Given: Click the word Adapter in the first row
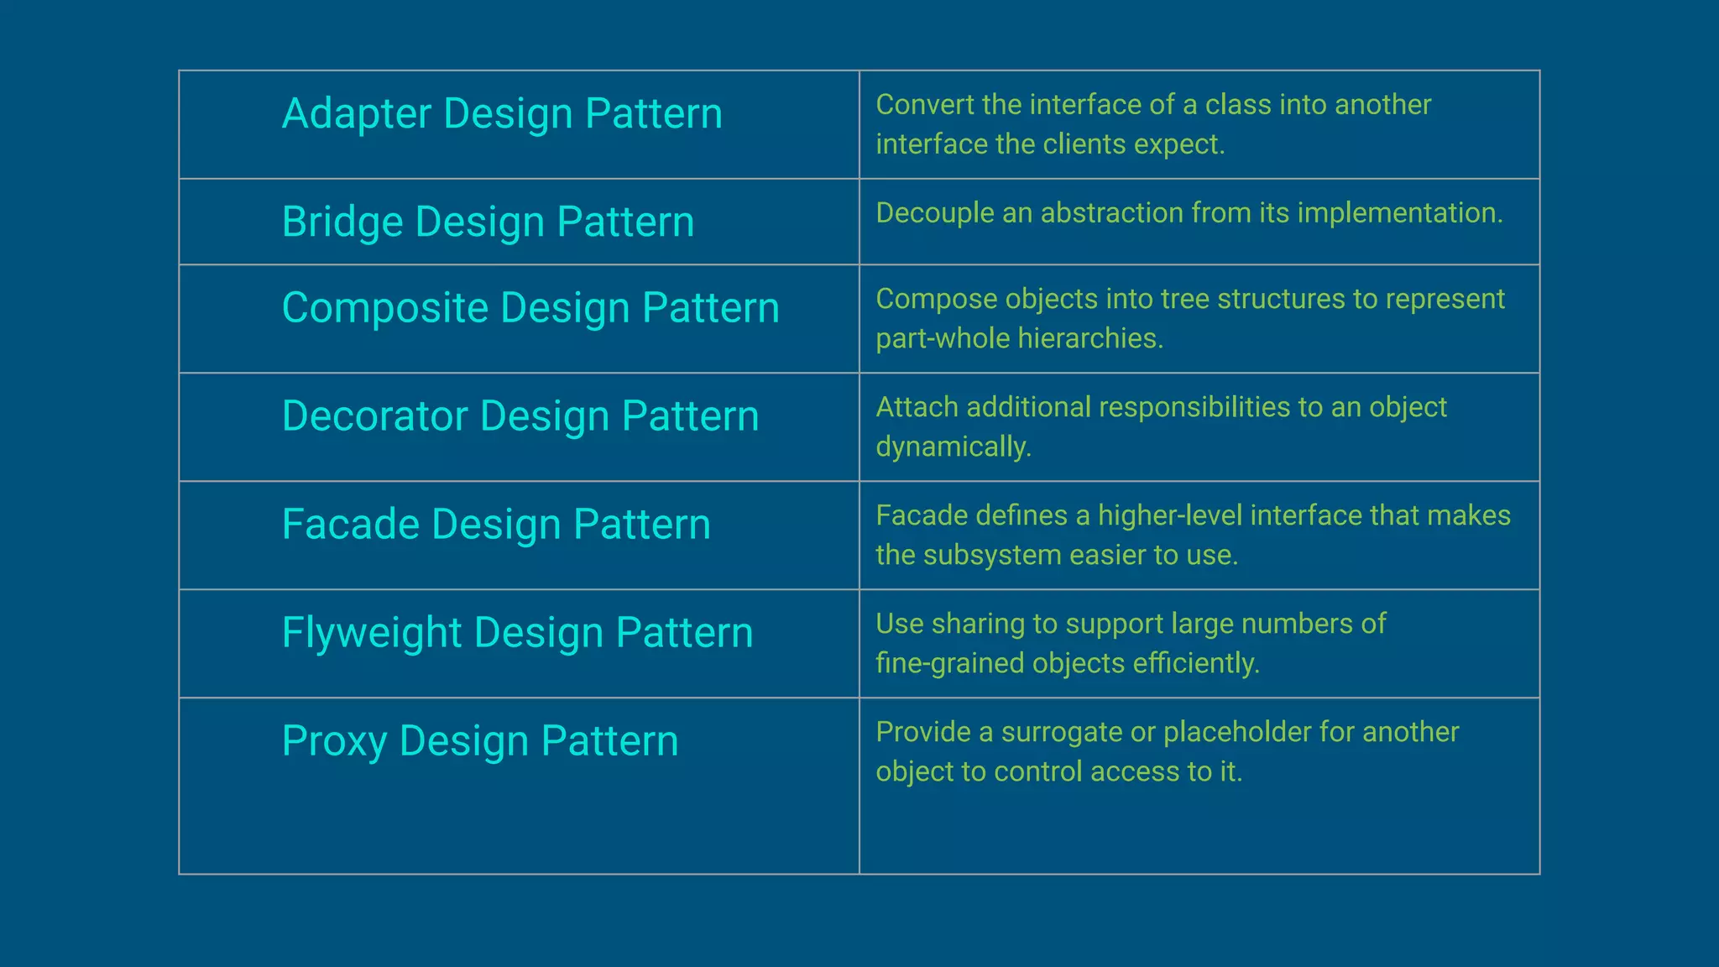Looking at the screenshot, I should [x=356, y=113].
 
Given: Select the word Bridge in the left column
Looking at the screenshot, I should [x=342, y=222].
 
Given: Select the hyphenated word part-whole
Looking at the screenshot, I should [x=943, y=338].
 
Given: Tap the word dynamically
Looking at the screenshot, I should [x=953, y=447].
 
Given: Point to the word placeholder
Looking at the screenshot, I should [x=1236, y=732].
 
